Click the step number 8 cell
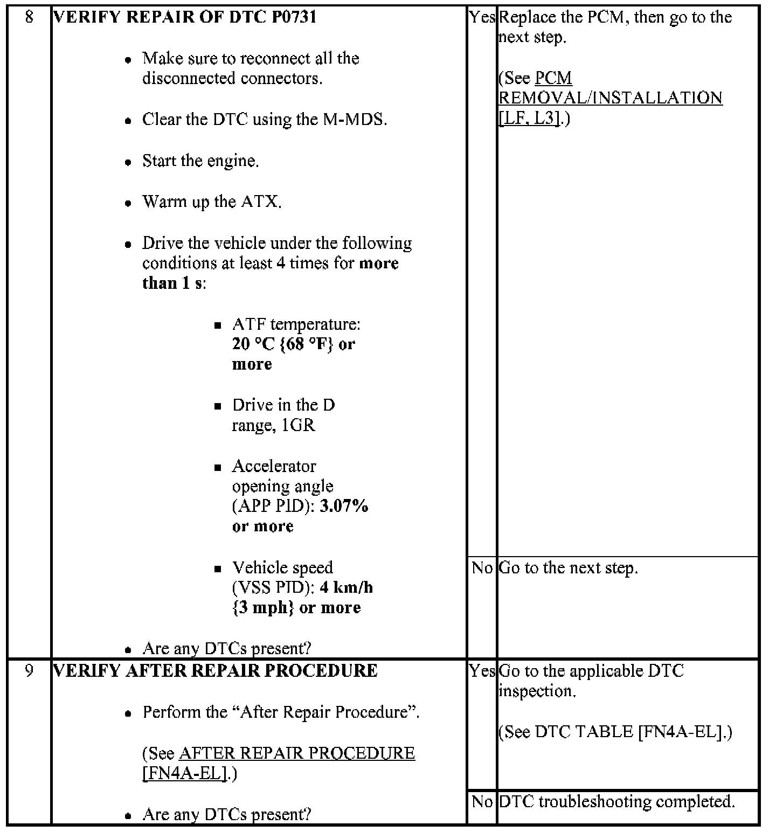(29, 17)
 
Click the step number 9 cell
(29, 671)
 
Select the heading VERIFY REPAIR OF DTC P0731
(185, 17)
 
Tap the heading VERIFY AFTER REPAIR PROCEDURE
(216, 671)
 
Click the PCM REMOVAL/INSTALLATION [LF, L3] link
(610, 98)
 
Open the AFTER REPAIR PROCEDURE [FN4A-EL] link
(278, 763)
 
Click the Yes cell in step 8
(482, 17)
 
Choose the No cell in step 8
(482, 568)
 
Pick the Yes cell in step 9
(482, 671)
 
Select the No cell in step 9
(482, 802)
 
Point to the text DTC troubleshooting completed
(616, 802)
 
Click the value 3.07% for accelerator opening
(344, 507)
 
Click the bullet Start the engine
(200, 161)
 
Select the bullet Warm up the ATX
(211, 202)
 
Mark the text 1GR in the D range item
(298, 426)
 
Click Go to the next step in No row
(568, 568)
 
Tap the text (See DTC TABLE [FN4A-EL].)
(615, 732)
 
